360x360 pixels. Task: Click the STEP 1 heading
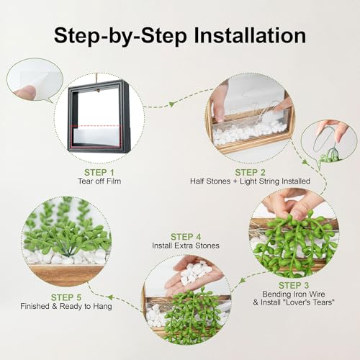click(99, 172)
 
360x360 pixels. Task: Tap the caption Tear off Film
click(99, 181)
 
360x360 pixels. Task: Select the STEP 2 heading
click(250, 172)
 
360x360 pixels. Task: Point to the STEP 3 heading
click(294, 285)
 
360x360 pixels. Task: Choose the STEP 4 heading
click(186, 237)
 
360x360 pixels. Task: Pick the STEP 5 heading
click(66, 297)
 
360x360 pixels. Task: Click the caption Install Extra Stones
click(186, 246)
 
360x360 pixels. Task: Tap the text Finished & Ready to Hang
click(66, 306)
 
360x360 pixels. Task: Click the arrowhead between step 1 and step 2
click(172, 104)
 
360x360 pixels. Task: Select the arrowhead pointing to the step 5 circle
click(110, 297)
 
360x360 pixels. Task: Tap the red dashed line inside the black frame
click(96, 126)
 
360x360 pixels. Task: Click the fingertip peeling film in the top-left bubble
click(25, 91)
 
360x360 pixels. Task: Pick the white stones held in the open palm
click(195, 273)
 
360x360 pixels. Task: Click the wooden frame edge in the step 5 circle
click(65, 274)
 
